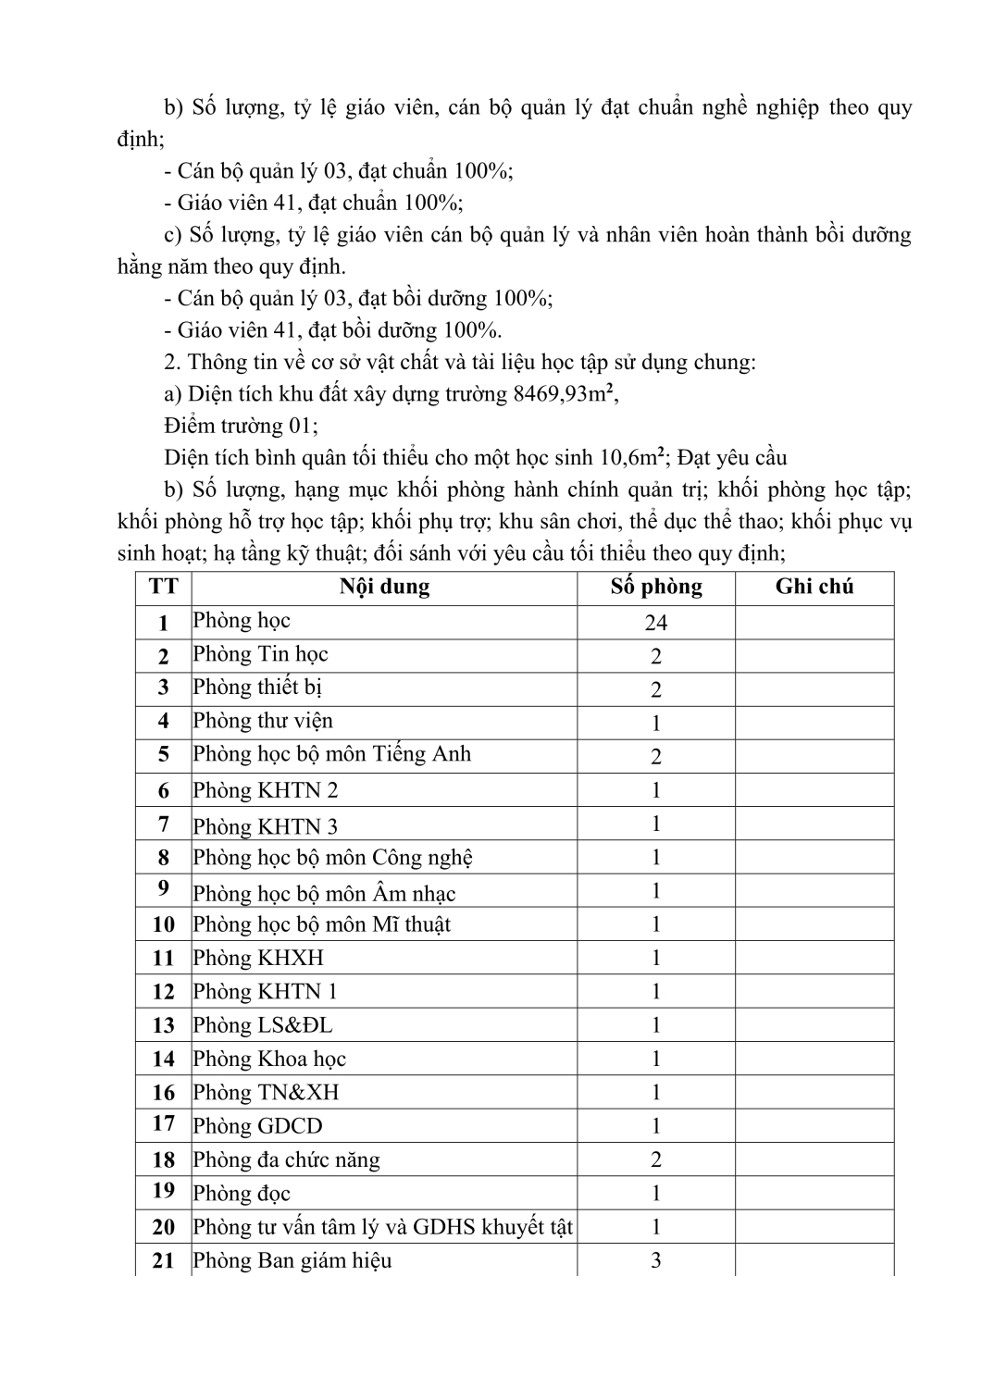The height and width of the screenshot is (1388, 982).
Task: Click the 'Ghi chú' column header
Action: coord(814,587)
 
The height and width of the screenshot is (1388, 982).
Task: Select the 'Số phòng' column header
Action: coord(656,587)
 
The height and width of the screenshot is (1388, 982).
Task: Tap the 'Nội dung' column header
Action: coord(384,587)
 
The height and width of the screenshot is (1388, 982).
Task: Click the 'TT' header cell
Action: coord(163,587)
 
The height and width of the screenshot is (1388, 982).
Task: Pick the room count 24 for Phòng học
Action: coord(656,623)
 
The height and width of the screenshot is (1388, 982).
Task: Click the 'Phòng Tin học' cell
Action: coord(260,654)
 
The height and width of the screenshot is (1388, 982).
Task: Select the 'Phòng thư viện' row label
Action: coord(263,721)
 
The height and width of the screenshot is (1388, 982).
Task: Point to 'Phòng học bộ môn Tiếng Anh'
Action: coord(331,754)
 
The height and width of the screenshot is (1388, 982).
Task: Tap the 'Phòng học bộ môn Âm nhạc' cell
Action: coord(324,893)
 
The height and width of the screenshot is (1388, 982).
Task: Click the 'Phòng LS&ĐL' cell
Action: coord(262,1025)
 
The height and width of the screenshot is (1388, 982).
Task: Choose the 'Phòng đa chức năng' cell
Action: coord(286,1159)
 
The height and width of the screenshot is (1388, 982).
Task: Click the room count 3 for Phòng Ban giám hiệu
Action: coord(656,1260)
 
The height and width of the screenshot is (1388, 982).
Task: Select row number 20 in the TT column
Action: coord(163,1227)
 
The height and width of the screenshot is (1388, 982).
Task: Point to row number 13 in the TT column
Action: coord(163,1025)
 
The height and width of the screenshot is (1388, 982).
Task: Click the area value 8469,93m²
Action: coord(564,394)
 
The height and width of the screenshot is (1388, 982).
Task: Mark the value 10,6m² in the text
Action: coord(631,457)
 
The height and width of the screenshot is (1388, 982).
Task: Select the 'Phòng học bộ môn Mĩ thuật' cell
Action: coord(321,924)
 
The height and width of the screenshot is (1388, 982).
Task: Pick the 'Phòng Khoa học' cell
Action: coord(268,1059)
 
